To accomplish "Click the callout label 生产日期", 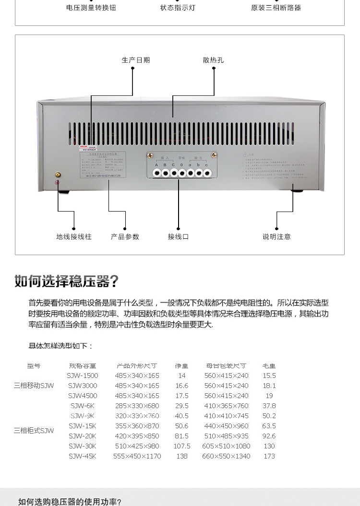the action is [x=136, y=60].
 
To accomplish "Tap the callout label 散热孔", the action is [x=213, y=60].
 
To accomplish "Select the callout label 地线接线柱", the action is [x=73, y=236].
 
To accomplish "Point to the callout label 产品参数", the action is [x=125, y=236].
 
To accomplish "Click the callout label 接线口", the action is [x=178, y=236].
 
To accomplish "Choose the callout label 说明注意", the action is [x=276, y=236].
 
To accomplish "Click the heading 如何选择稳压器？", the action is [x=66, y=281].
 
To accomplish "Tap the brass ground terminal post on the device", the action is [x=58, y=176].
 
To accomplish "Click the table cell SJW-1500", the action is [x=83, y=376].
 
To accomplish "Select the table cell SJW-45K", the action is [x=83, y=456].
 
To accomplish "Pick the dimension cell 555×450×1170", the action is [x=137, y=456].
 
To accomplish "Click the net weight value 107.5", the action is [x=182, y=446].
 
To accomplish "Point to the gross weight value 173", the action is [x=269, y=456].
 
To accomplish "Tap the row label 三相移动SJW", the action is [x=34, y=386].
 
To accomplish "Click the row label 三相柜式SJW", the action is [x=34, y=431].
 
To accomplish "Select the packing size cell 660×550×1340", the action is [x=227, y=456].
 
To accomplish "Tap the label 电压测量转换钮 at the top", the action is [x=91, y=8].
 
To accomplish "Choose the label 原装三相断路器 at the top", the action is [x=276, y=8].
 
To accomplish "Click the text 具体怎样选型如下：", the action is [x=61, y=346].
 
